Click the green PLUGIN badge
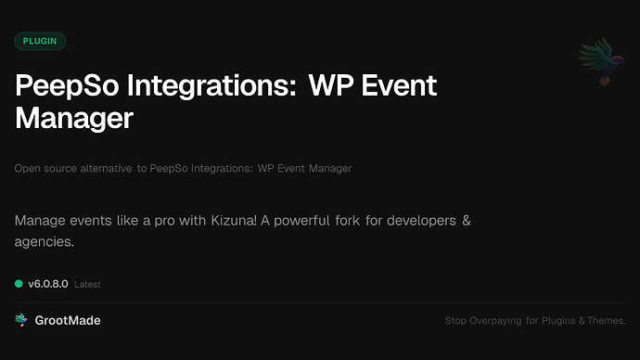click(x=40, y=41)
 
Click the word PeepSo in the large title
click(x=68, y=86)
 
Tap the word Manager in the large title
click(x=74, y=118)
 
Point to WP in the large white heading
click(x=326, y=86)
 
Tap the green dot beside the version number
click(x=19, y=283)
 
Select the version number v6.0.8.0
click(x=48, y=283)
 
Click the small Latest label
click(x=87, y=284)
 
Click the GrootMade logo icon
click(x=21, y=320)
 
